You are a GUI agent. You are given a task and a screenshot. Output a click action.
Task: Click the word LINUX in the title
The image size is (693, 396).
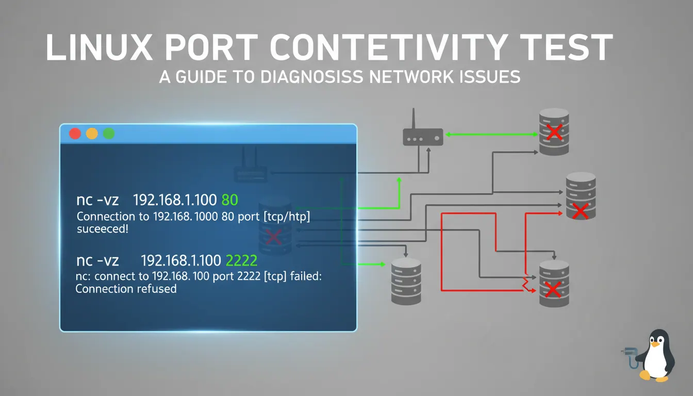(x=99, y=47)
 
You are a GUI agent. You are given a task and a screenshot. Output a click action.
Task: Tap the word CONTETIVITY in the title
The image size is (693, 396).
(x=389, y=47)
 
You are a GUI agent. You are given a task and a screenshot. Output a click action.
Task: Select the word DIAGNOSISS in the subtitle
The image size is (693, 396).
(x=311, y=77)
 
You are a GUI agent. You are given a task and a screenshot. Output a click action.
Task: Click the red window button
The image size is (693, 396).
(x=75, y=134)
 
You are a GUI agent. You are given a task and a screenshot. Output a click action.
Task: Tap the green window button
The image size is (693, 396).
(x=109, y=134)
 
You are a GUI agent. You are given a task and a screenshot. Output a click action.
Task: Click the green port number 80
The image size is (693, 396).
(x=230, y=200)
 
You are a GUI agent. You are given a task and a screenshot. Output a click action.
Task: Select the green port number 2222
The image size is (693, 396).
(x=241, y=260)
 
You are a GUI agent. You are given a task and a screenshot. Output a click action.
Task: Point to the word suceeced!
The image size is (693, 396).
(x=103, y=229)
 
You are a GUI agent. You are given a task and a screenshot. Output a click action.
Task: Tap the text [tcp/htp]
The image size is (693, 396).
(x=287, y=217)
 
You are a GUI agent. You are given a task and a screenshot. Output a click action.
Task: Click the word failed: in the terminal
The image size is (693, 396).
(x=306, y=276)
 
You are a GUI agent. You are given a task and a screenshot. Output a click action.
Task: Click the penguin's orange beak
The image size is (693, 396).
(x=655, y=344)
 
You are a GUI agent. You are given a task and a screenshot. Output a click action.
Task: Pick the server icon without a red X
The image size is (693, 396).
(x=406, y=282)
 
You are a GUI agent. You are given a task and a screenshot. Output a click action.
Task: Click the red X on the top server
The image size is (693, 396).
(x=554, y=132)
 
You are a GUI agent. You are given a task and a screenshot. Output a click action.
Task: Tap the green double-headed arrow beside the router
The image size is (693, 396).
(x=491, y=134)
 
